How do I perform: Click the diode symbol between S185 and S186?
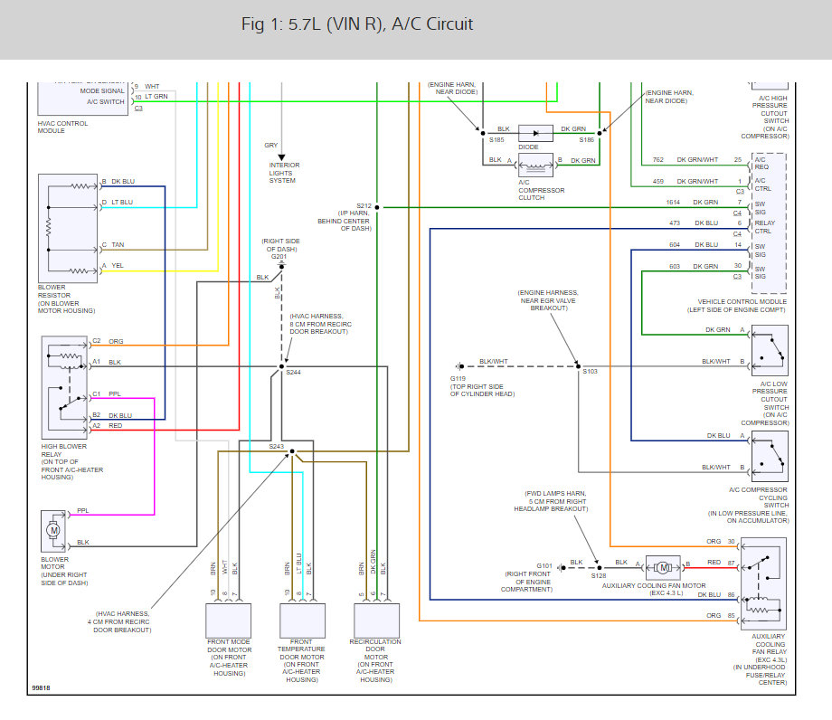coord(541,131)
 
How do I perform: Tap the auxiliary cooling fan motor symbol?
coord(663,567)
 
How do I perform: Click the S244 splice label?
coord(294,373)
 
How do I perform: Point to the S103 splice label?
coord(591,372)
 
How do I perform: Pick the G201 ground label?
coord(278,256)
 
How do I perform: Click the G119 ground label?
coord(459,378)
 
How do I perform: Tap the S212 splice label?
coord(364,205)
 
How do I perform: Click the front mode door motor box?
coord(231,620)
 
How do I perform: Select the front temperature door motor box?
coord(302,620)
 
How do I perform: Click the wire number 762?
coord(658,160)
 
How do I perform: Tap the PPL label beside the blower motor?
coord(83,511)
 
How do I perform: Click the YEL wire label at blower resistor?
coord(118,265)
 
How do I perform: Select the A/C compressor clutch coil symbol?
coord(540,164)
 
